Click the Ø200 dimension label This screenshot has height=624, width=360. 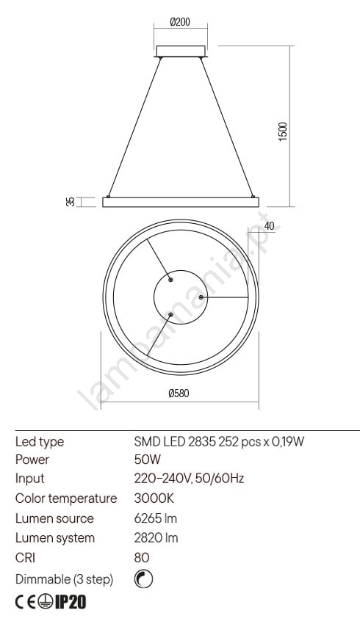coord(180,22)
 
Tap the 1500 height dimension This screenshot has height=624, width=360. coord(282,131)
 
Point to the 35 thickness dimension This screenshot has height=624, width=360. coord(71,202)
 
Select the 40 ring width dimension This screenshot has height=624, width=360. coord(269,226)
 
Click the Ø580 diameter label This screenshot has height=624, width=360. coord(179,393)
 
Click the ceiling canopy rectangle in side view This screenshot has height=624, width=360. coord(181,51)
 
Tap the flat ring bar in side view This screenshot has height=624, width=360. coord(181,202)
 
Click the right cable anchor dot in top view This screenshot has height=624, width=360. coord(201,297)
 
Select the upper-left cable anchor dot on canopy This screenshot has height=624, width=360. coord(170,280)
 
